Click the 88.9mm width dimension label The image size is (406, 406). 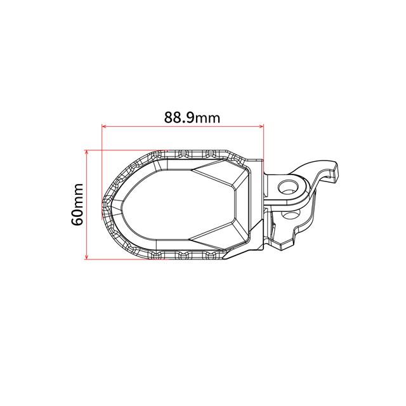coord(192,118)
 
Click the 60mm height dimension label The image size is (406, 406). coord(77,204)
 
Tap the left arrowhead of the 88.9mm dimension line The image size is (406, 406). coord(105,127)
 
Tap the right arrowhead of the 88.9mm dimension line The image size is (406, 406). coord(261,127)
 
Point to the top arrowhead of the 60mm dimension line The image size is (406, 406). coord(87,152)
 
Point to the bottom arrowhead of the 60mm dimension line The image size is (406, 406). coord(87,256)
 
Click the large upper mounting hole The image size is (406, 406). coord(288,187)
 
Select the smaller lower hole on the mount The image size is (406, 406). coord(291,214)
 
